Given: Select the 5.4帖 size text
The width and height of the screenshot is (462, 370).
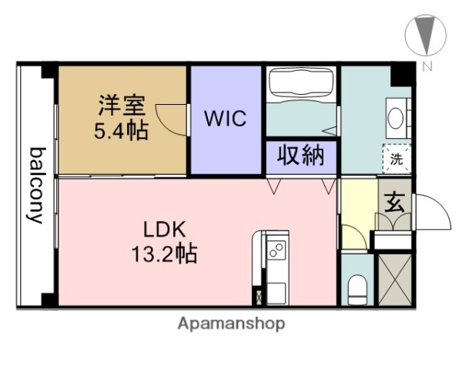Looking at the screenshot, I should tap(122, 129).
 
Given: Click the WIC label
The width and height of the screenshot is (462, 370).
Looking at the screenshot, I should tap(225, 119).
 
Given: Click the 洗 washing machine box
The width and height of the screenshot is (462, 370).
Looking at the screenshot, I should tap(396, 160).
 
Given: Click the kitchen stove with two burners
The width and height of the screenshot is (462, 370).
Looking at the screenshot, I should tap(276, 249).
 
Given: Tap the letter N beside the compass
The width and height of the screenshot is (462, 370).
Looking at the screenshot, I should tap(426, 66).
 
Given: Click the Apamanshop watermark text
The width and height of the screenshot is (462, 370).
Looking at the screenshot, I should tap(231, 323).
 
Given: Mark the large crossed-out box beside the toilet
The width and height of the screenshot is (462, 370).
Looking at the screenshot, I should tap(394, 279).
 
